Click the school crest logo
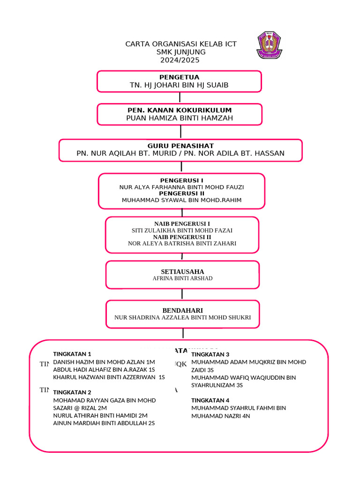point(269,45)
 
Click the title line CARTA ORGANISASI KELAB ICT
point(180,44)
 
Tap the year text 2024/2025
point(180,60)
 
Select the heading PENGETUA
point(179,77)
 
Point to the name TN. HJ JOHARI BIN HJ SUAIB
point(179,85)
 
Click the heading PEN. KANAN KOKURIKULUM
point(180,110)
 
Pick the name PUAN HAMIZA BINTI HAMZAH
point(180,118)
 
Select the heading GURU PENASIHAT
point(180,146)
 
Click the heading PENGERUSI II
point(181,193)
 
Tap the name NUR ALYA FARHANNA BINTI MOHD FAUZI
point(181,187)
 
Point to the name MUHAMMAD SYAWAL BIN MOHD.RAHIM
point(181,200)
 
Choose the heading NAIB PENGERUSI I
point(182,224)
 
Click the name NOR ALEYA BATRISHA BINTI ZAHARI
point(182,243)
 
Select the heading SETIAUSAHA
point(182,271)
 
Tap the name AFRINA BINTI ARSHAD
point(182,278)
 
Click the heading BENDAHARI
point(182,310)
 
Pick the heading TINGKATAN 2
point(72,392)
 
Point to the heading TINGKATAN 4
point(210,400)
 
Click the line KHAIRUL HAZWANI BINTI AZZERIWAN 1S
point(109,377)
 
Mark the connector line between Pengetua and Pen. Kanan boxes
point(180,97)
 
